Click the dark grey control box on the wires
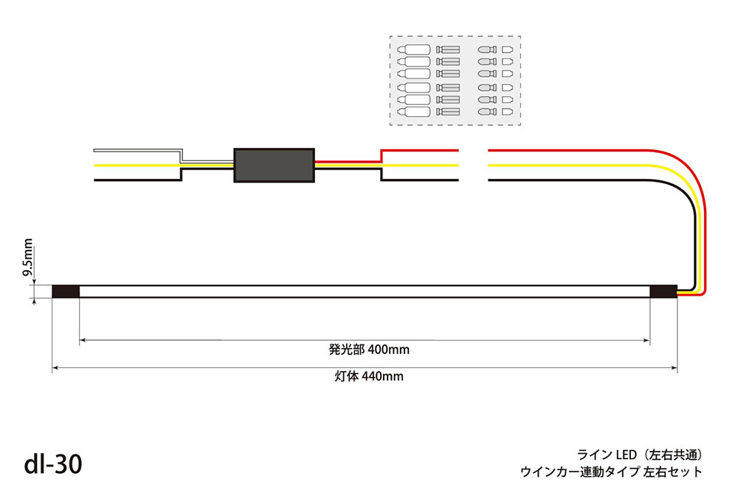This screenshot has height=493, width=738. click(274, 165)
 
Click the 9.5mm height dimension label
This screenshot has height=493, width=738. click(28, 257)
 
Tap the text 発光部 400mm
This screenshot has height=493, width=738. click(368, 350)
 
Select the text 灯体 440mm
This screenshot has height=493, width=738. click(368, 376)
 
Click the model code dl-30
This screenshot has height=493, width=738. click(53, 464)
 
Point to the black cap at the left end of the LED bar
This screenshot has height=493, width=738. click(66, 292)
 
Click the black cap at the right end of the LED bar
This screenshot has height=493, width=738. click(663, 292)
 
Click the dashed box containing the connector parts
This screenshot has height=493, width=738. click(455, 81)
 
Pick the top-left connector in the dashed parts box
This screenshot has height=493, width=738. click(414, 49)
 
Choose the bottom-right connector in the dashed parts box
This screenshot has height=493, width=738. click(507, 112)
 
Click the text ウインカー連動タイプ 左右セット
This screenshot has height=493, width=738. click(611, 472)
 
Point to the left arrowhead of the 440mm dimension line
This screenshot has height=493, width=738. click(55, 367)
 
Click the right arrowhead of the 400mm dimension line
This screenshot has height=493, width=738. click(646, 340)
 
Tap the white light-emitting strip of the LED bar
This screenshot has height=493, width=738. click(365, 292)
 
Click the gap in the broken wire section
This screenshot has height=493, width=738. click(474, 165)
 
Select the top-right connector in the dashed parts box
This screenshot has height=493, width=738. click(507, 49)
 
